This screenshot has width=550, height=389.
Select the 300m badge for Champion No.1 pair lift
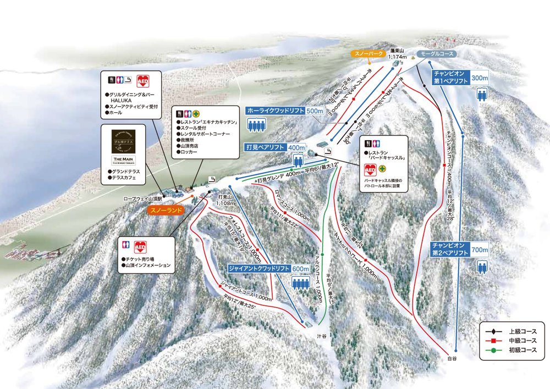pos(479,79)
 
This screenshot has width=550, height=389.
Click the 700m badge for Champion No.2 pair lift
pos(480,250)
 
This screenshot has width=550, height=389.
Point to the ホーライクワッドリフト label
pos(274,109)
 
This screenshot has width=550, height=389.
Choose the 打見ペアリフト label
pos(265,147)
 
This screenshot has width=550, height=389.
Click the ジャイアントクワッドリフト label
pos(258,269)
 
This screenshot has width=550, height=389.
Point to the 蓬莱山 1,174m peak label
pos(397,53)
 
